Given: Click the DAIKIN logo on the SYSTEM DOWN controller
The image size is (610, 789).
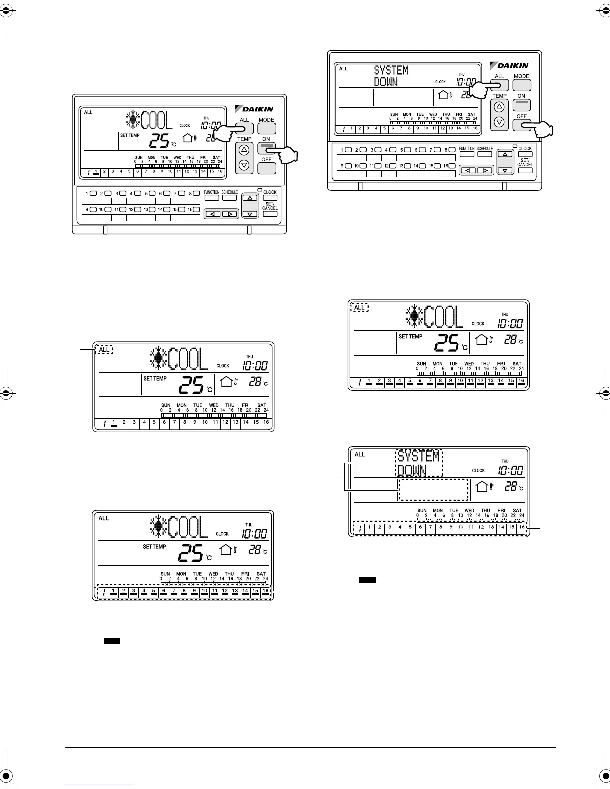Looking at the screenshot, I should click(509, 65).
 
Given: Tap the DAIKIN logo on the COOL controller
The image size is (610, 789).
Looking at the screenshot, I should click(254, 109).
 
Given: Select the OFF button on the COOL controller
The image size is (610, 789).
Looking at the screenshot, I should click(267, 168).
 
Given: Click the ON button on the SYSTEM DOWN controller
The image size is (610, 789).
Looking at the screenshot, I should click(521, 105).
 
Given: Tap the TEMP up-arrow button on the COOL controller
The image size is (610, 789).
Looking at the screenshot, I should click(244, 150).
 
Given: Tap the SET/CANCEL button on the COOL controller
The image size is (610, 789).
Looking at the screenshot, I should click(270, 214).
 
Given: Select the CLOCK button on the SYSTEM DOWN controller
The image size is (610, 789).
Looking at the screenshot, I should click(525, 154).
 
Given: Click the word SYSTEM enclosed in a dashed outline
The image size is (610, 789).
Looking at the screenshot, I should click(419, 456).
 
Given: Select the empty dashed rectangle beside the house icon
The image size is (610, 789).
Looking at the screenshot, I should click(434, 490).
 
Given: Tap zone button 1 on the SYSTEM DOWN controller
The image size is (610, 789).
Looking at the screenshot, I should click(348, 150).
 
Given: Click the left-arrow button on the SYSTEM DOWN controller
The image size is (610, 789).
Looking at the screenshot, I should click(467, 170).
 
